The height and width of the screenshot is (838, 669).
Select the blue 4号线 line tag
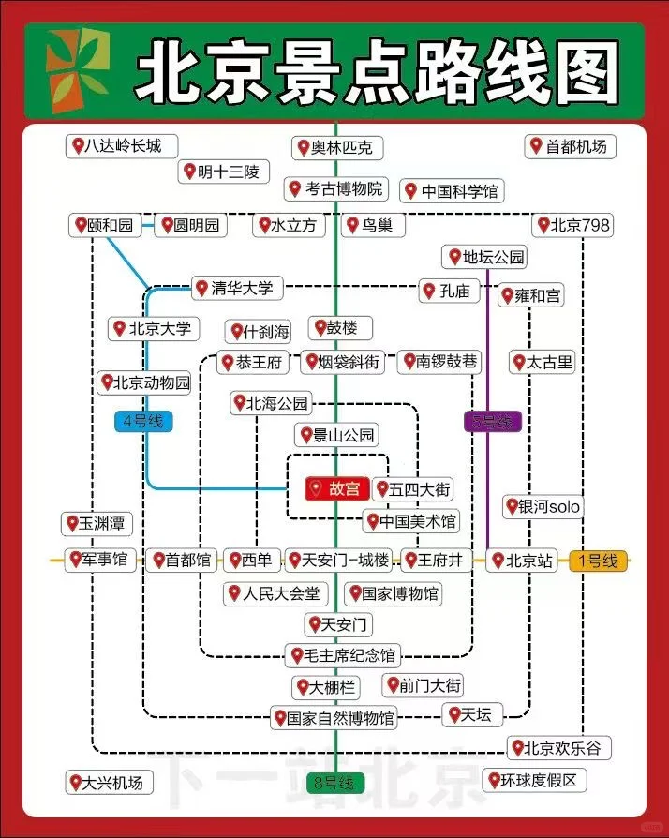point(143,421)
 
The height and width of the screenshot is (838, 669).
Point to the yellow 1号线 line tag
point(598,561)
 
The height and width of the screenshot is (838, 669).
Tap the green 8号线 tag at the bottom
point(334,783)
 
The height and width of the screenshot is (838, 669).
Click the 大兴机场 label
point(106,782)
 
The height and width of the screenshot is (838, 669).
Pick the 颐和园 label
point(103,226)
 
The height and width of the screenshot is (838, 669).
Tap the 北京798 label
point(572,226)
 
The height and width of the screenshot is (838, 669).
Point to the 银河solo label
point(543,506)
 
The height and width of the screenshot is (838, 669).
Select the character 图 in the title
point(586,72)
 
